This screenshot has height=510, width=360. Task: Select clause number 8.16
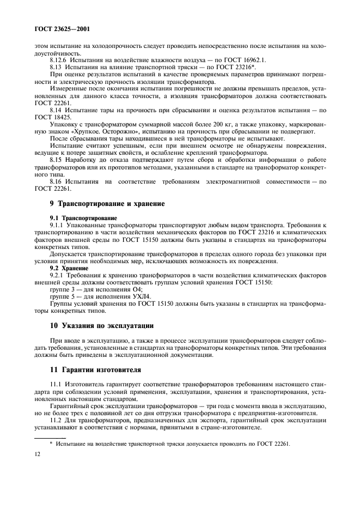57,181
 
